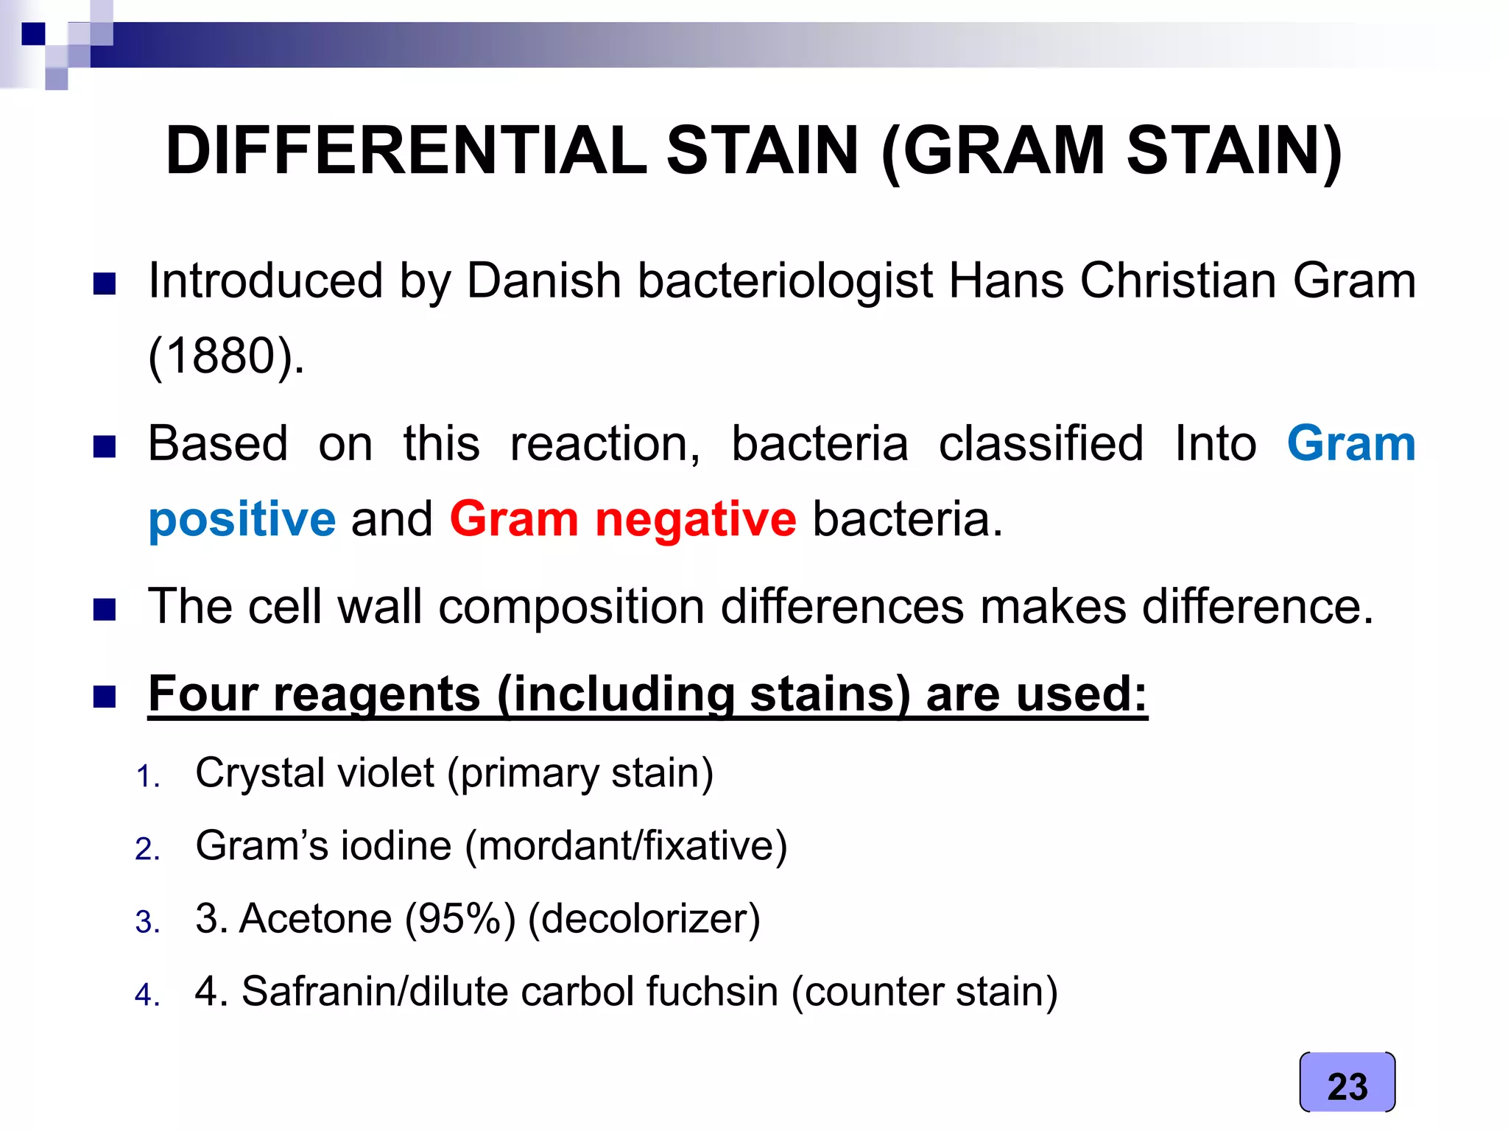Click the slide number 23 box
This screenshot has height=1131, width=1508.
1347,1082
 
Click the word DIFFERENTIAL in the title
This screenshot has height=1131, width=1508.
406,151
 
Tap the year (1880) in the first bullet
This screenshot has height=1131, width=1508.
226,356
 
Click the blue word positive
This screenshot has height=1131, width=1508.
242,519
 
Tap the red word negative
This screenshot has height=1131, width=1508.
695,519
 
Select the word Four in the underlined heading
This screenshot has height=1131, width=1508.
202,694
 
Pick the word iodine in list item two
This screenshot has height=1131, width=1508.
395,845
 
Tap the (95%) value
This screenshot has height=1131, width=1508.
460,919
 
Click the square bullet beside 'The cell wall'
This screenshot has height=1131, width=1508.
105,610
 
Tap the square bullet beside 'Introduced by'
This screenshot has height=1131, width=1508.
105,283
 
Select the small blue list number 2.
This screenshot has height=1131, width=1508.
147,849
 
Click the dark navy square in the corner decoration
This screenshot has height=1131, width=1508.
33,34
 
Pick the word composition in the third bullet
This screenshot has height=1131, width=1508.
571,607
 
